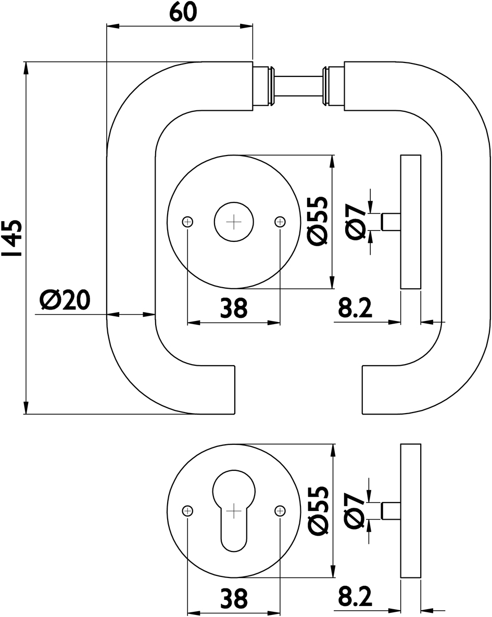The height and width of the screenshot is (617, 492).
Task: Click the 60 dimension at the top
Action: [x=183, y=12]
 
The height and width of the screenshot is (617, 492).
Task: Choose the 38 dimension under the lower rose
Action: [x=233, y=598]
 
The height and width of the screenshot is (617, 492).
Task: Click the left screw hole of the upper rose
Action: [x=187, y=222]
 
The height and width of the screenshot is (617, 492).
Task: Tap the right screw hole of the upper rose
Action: [x=280, y=222]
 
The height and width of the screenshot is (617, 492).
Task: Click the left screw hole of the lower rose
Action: [x=187, y=511]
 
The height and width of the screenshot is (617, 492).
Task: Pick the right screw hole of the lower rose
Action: [x=280, y=511]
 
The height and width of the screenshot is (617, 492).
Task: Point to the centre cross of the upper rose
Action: [x=234, y=222]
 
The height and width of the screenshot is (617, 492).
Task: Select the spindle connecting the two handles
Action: [x=299, y=86]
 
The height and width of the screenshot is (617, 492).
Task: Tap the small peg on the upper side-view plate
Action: [x=391, y=222]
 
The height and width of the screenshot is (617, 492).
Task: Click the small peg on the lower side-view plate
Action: [x=391, y=510]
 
